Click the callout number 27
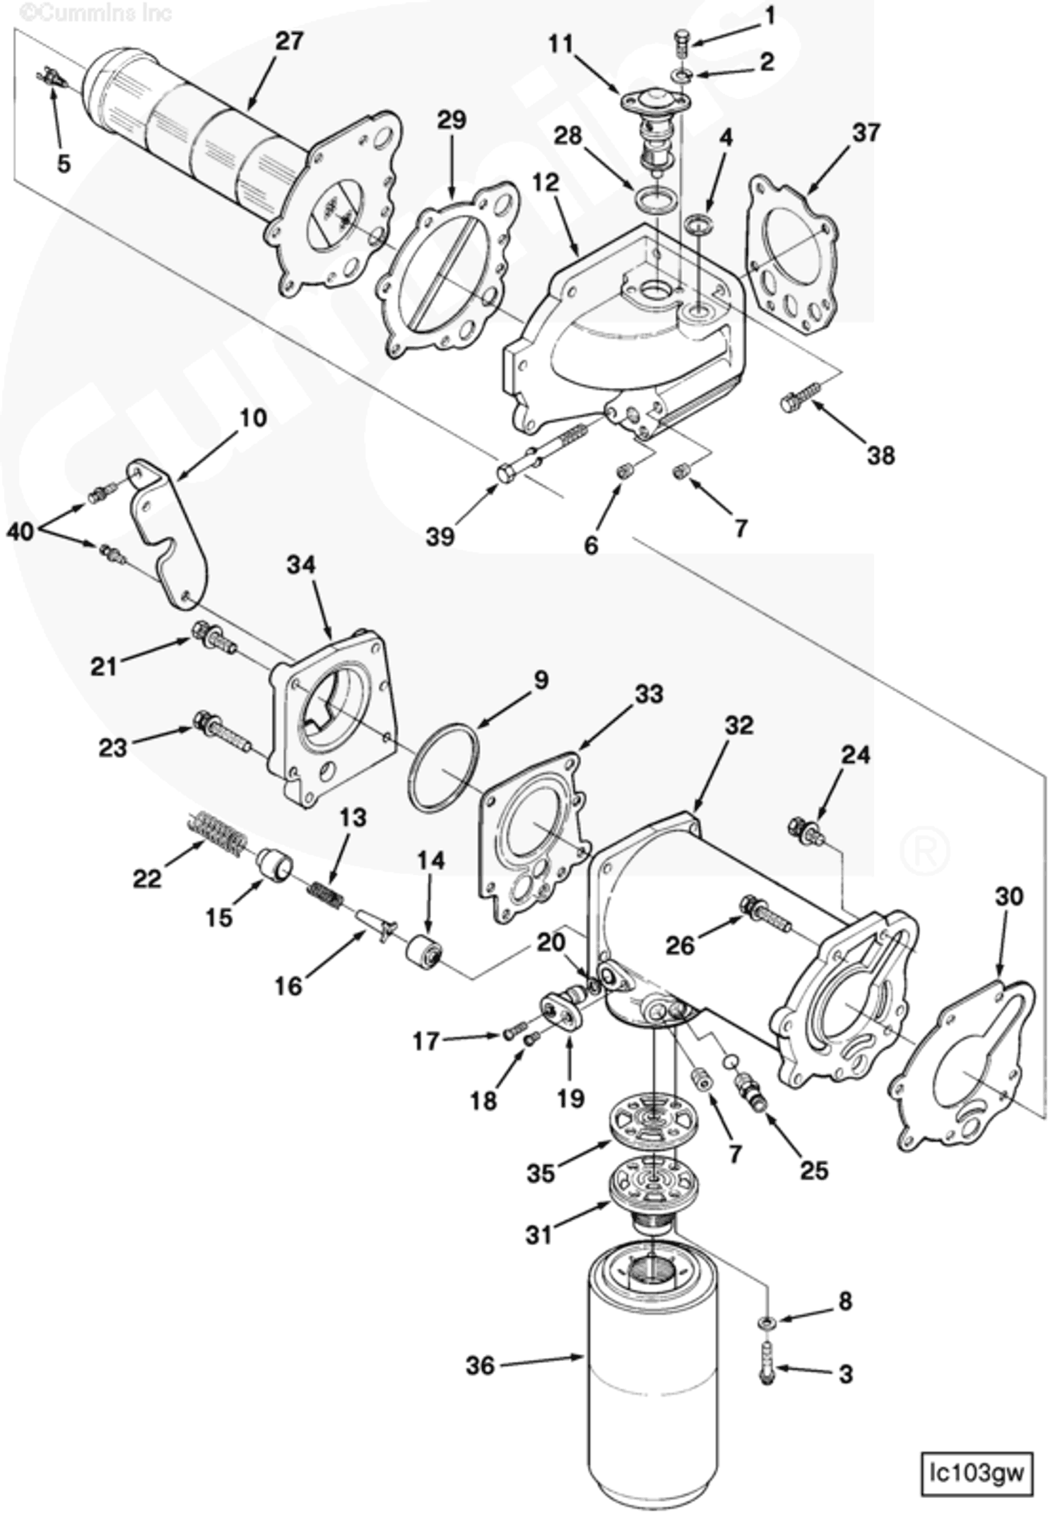tap(290, 41)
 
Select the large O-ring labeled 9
tap(444, 768)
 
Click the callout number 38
tap(880, 455)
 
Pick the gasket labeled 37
tap(792, 255)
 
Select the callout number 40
tap(20, 531)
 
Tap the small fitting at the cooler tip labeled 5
tap(52, 81)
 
